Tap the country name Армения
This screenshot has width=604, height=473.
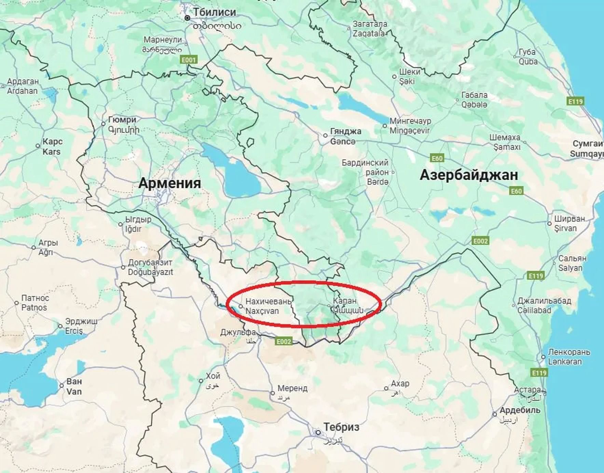coord(169,183)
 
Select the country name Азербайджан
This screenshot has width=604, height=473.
coord(468,175)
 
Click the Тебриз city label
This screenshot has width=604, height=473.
coord(341,427)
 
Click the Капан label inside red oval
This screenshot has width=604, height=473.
coord(345,301)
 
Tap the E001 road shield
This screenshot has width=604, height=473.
coord(189,60)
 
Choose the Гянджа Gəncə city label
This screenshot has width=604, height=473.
coord(345,136)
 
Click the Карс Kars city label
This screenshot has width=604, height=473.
coord(52,146)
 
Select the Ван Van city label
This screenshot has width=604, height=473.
coord(74,386)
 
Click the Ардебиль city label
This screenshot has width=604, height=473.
coord(520,410)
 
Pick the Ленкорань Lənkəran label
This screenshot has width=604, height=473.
coord(568,356)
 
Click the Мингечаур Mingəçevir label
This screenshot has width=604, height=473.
coord(410,125)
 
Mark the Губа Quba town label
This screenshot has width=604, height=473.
coord(527,57)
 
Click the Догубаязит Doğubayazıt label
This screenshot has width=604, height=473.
coord(150,267)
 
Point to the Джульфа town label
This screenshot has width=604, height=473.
coord(238,332)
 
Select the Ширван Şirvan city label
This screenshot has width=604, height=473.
coord(569,223)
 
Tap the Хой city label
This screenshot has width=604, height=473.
coord(212,376)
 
